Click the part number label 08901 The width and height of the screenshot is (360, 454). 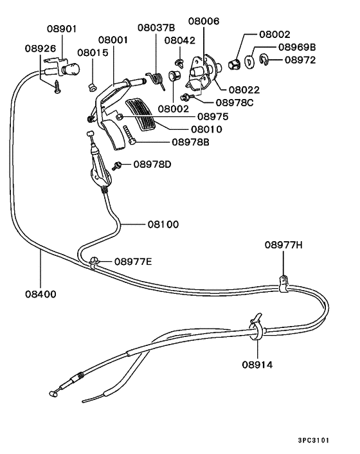(62, 29)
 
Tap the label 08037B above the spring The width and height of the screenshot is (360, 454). (156, 28)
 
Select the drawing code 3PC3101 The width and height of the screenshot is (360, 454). (314, 440)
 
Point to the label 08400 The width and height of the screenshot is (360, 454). (40, 294)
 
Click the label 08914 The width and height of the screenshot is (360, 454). (257, 365)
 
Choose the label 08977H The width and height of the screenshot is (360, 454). (283, 245)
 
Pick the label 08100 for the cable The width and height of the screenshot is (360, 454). (163, 224)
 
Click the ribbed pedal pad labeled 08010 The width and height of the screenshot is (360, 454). (141, 116)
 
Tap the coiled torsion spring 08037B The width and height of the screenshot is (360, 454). (156, 80)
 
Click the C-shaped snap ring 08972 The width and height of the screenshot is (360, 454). (263, 59)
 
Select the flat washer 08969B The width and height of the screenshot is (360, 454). (249, 62)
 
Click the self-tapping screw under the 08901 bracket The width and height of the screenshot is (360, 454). (57, 87)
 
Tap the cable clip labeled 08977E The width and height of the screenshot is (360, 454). (93, 262)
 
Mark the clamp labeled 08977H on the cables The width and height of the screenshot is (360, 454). (283, 284)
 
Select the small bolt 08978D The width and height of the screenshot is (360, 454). (116, 166)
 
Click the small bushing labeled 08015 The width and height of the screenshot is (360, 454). (92, 87)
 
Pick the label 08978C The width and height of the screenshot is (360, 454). (235, 103)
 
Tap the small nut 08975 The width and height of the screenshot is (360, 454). (119, 116)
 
